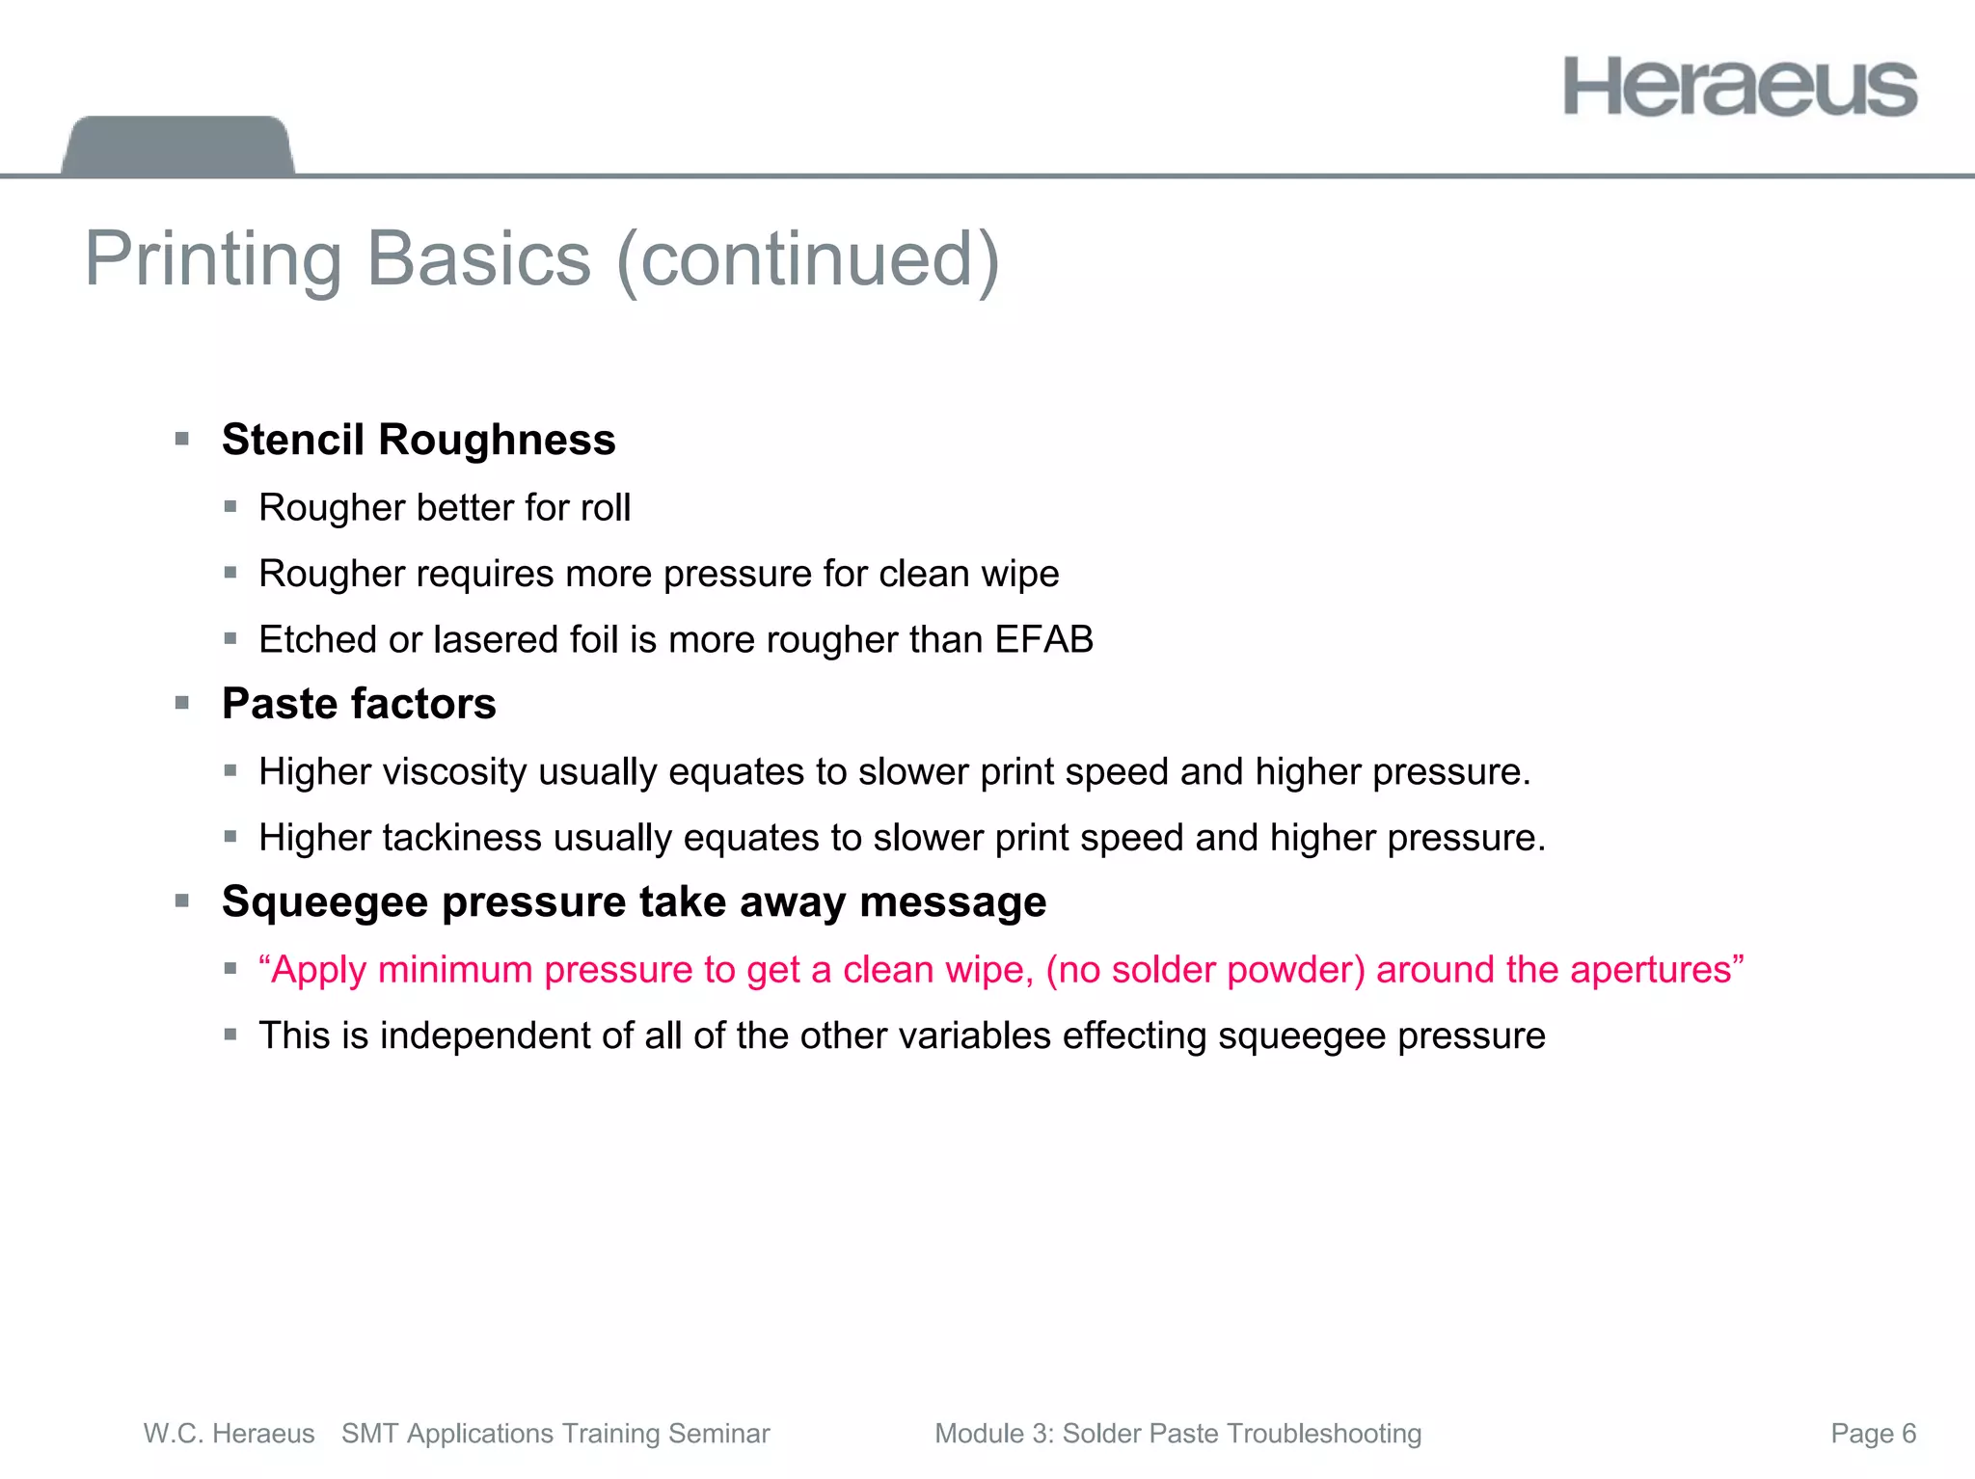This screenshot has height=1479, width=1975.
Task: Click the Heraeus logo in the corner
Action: coord(1740,87)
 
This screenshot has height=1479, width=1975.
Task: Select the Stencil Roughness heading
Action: coord(419,440)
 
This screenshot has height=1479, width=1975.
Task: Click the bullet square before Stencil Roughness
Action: coord(182,440)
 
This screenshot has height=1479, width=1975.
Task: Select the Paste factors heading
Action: coord(359,704)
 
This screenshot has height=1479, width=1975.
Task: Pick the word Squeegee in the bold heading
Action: coord(324,902)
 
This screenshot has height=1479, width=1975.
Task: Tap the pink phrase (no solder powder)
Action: coord(1205,969)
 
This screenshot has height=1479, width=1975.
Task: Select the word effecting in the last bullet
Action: coord(1134,1035)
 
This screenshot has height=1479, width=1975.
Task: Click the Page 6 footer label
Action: coord(1873,1434)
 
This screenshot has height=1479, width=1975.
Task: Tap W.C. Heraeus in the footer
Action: coord(229,1434)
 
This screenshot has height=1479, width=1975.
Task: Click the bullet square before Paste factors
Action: coord(182,704)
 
